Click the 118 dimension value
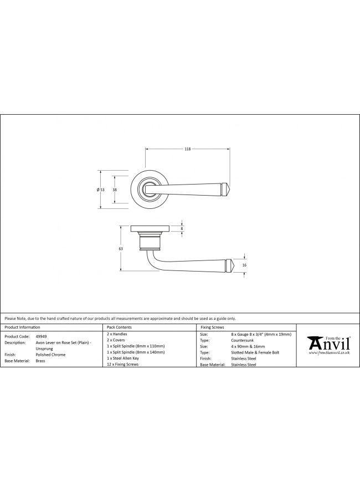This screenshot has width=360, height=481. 187,149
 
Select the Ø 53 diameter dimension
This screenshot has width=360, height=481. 101,190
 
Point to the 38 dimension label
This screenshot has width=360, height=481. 115,190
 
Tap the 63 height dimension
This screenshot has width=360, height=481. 121,249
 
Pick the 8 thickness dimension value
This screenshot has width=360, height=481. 182,228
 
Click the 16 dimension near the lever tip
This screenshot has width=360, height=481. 244,265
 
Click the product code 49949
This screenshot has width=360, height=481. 42,336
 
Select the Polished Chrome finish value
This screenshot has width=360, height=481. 50,355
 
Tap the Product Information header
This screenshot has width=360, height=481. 22,328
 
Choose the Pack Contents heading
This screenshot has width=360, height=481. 119,328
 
